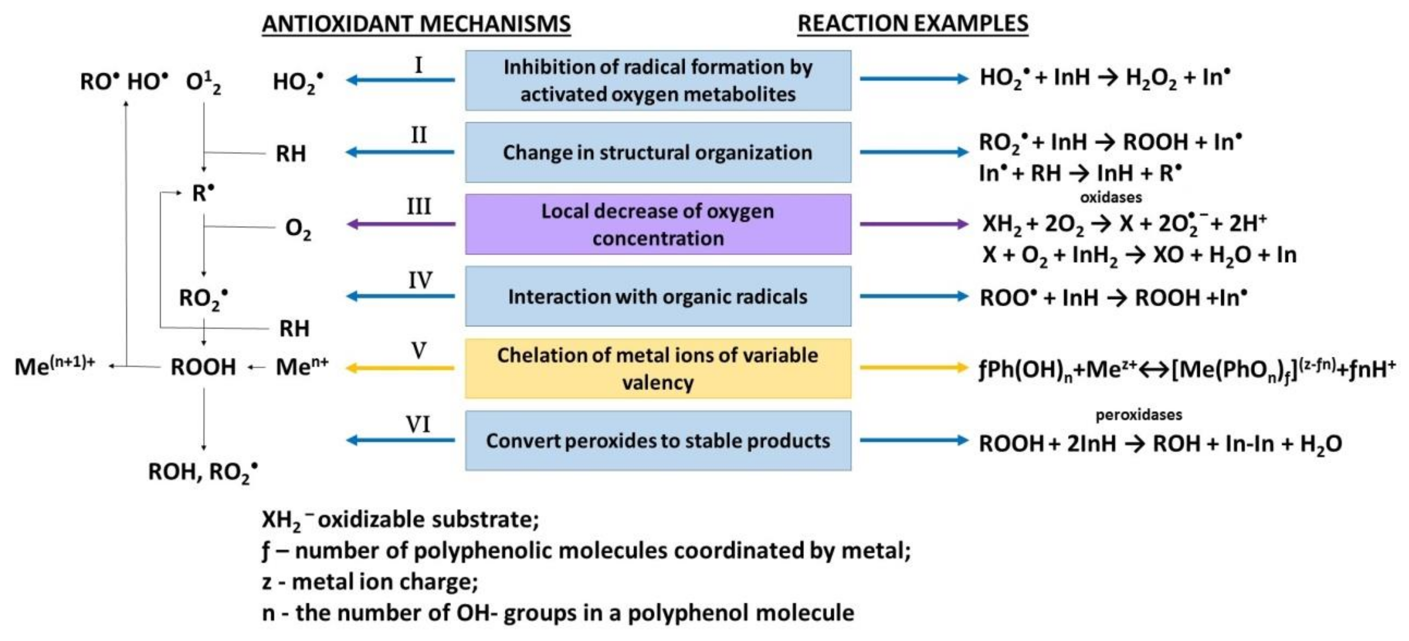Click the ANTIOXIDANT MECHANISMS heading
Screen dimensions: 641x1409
[x=416, y=24]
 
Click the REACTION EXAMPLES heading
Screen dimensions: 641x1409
[x=912, y=24]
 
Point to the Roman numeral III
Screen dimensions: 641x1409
[x=419, y=207]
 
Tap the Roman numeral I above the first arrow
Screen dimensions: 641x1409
[x=419, y=65]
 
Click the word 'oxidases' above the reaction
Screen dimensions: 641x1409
[x=1110, y=197]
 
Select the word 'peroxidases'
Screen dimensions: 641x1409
[x=1138, y=415]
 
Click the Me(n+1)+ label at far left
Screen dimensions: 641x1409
[x=55, y=367]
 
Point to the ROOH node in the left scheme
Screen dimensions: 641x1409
[x=203, y=367]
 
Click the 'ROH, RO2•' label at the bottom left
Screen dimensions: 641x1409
[x=202, y=471]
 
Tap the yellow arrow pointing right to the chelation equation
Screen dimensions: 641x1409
[x=913, y=367]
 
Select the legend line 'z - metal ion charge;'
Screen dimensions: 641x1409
[x=370, y=581]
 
